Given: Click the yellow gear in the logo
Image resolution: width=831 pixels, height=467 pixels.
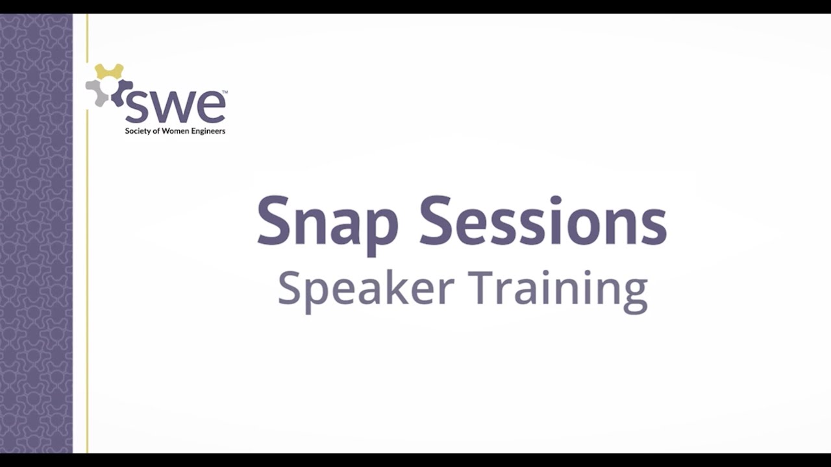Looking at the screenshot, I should point(109,71).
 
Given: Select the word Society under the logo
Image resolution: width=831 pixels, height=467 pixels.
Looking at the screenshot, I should point(138,131).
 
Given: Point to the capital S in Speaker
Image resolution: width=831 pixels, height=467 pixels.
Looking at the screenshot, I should point(290,288).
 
